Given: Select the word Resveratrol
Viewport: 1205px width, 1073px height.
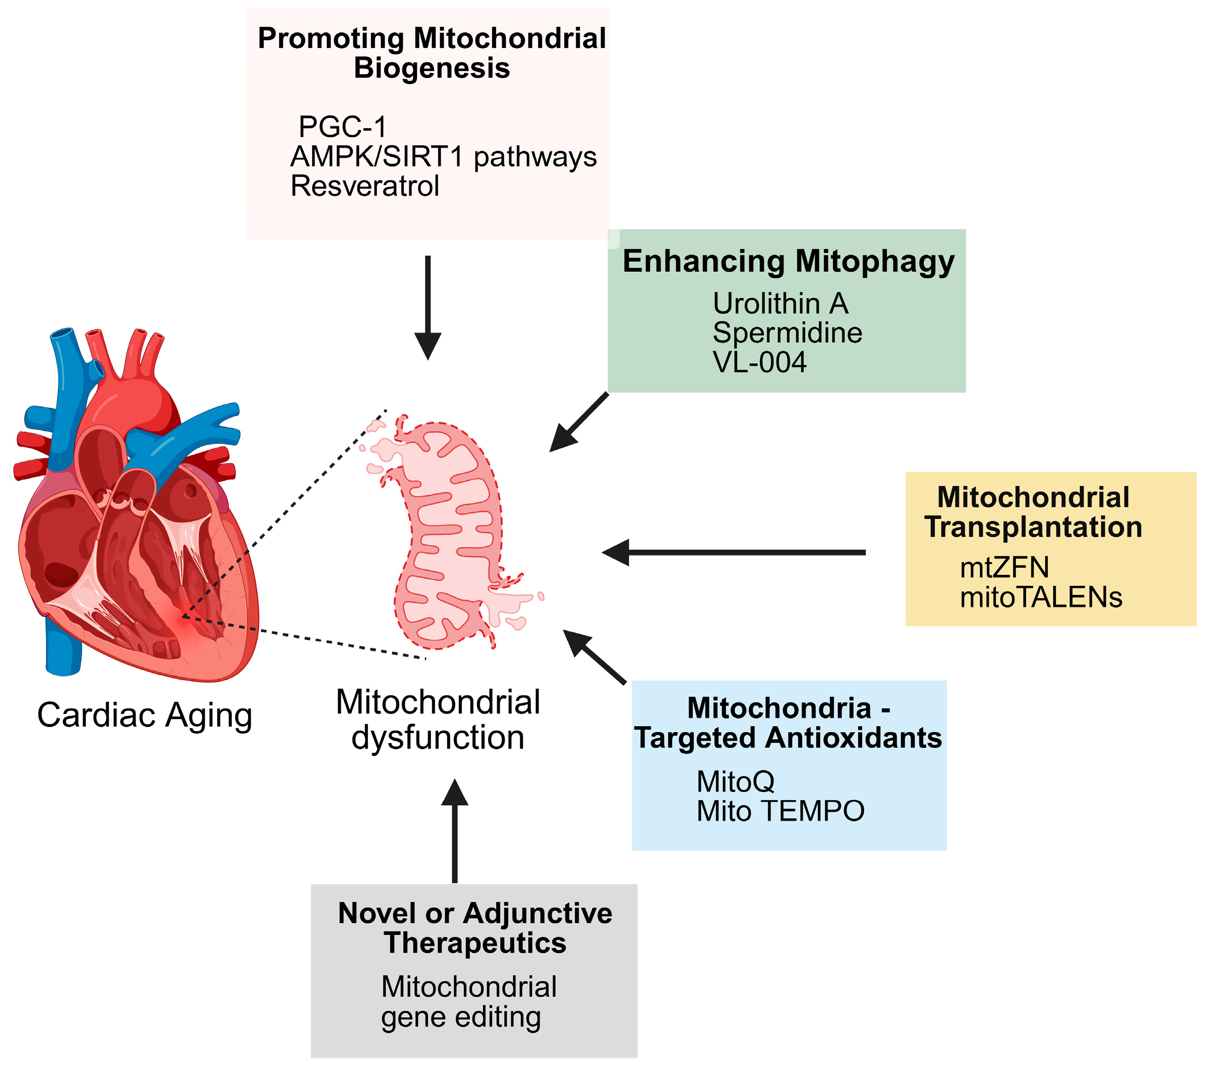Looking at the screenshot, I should [365, 186].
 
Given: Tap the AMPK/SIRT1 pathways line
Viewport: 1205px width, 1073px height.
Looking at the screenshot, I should [443, 157].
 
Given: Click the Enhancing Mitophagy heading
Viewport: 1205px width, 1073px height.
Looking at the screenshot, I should [788, 262].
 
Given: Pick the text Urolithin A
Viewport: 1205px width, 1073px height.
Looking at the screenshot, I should [780, 304].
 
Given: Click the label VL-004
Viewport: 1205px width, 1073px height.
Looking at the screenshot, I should [759, 363].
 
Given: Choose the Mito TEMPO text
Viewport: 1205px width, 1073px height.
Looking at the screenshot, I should [780, 812].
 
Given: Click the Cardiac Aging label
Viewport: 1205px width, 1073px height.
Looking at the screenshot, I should [144, 716].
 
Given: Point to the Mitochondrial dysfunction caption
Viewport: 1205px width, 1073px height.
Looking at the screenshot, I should [438, 721].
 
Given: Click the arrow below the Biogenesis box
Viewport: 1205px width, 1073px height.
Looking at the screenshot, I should [428, 307].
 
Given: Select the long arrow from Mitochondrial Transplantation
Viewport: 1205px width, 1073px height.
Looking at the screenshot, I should [734, 553].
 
